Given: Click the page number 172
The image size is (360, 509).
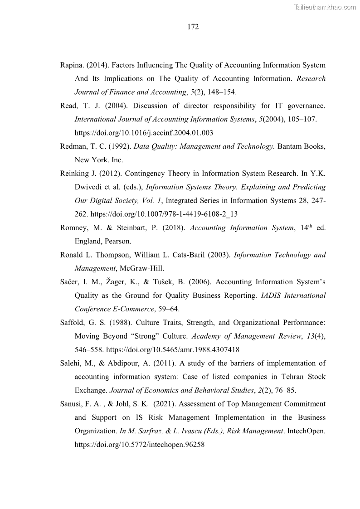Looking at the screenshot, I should point(193,27).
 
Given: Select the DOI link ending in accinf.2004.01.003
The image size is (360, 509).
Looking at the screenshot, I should point(144,133).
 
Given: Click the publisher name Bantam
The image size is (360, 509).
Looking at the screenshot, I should point(290,146).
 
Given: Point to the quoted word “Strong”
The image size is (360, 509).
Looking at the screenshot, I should point(141,336).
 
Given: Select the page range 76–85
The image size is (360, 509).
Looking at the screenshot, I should point(284,391).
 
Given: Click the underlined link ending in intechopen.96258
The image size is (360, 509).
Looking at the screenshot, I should point(140,445).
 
